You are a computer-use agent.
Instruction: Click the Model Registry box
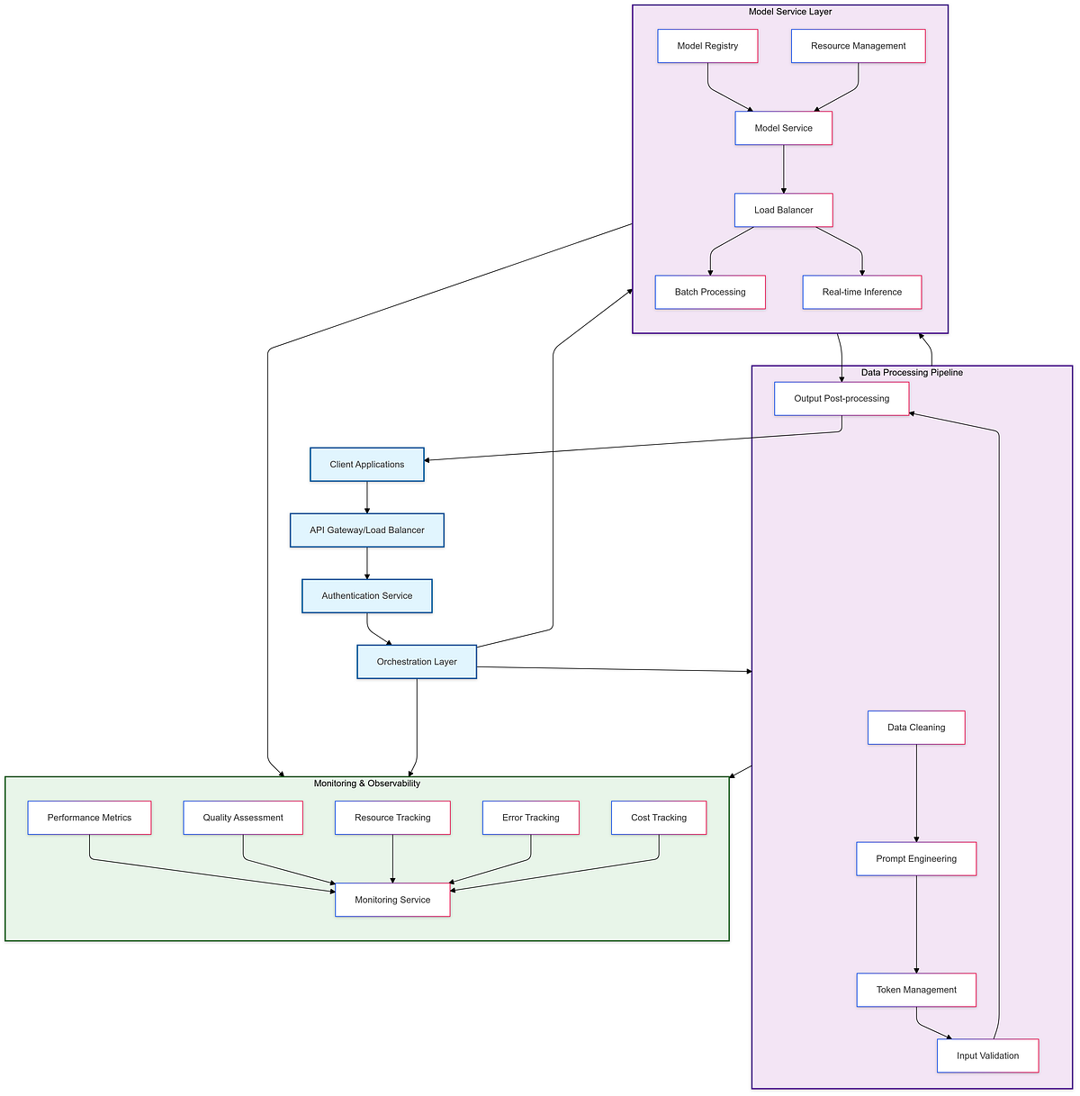(707, 46)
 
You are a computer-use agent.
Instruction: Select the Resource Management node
(858, 46)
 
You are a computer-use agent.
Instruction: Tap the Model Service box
(783, 128)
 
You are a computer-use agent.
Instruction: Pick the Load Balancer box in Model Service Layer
(783, 210)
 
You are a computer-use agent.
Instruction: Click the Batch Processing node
(710, 292)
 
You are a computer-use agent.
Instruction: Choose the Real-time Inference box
(861, 292)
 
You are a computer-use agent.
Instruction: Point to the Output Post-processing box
(841, 398)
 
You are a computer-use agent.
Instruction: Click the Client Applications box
(366, 465)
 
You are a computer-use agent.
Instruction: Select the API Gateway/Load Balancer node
(366, 530)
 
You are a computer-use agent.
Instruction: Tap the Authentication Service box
(366, 596)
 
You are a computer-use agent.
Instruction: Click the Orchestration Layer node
(417, 662)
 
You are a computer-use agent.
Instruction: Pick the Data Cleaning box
(916, 728)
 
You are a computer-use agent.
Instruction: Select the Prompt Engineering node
(916, 859)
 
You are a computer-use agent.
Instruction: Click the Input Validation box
(987, 1055)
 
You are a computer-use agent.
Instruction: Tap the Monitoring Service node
(392, 900)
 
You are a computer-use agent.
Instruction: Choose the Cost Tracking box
(658, 818)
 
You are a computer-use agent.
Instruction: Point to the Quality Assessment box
(243, 818)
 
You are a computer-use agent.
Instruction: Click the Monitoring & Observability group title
(366, 784)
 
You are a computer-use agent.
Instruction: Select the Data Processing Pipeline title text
(912, 373)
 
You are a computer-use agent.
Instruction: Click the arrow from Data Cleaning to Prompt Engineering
(916, 793)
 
